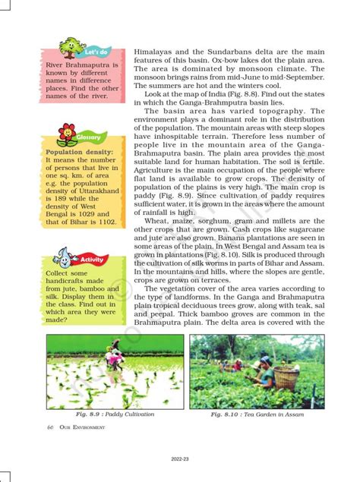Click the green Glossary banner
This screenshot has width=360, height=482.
[88, 138]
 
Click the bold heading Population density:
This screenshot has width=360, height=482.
[80, 153]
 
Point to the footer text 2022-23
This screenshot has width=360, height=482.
[181, 458]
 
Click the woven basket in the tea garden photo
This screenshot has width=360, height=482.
[286, 377]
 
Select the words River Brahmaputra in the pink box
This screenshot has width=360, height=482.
[81, 65]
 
